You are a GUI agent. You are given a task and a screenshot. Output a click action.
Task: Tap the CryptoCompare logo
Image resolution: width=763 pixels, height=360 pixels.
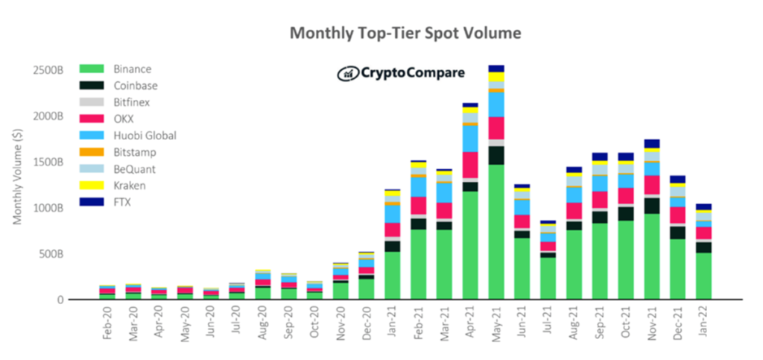tap(401, 73)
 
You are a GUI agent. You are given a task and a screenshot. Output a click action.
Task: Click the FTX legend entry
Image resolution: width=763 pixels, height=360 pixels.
tap(111, 201)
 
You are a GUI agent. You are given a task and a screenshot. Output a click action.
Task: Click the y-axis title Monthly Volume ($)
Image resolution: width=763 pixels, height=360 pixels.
tap(17, 176)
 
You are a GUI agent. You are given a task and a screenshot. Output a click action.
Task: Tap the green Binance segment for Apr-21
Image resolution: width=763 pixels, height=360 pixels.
tap(469, 245)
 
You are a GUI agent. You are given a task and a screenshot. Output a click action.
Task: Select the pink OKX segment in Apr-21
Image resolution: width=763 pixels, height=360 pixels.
tap(469, 165)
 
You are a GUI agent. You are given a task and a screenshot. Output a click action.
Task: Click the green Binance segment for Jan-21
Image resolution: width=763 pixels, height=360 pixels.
tap(392, 275)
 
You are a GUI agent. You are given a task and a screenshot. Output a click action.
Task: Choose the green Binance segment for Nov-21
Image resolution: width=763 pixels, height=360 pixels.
tap(651, 256)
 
